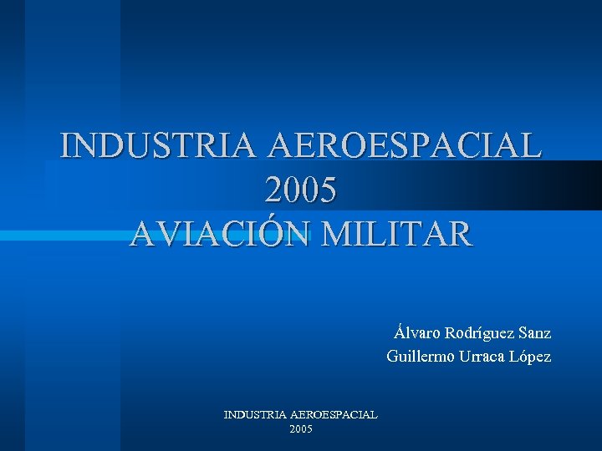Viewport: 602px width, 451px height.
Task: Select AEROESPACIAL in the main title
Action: pyautogui.click(x=405, y=145)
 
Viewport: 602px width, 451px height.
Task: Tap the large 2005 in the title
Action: pyautogui.click(x=301, y=190)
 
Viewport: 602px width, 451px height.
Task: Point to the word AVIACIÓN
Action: pyautogui.click(x=220, y=235)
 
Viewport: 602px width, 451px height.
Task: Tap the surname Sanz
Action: pyautogui.click(x=534, y=332)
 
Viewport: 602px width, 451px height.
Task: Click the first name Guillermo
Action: pyautogui.click(x=421, y=357)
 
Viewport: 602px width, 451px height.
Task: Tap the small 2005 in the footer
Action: pyautogui.click(x=301, y=428)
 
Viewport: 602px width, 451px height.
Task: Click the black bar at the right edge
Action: pyautogui.click(x=577, y=185)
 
